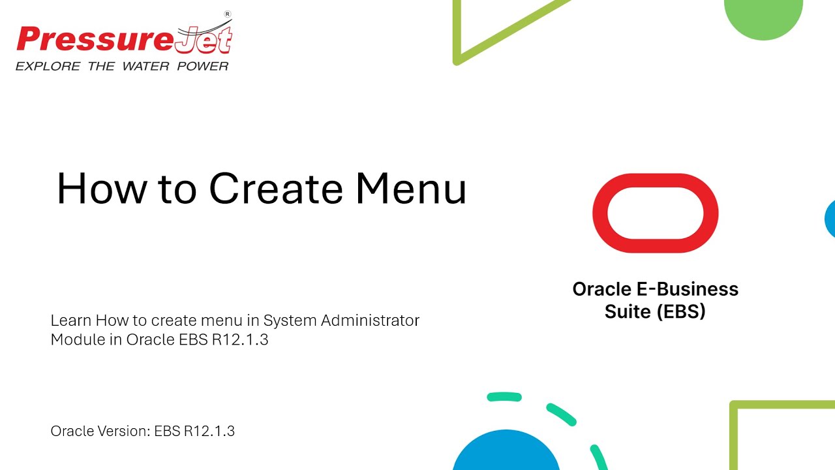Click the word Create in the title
[x=275, y=189]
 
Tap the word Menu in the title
[x=411, y=189]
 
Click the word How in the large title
[x=101, y=189]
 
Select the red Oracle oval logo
[x=655, y=213]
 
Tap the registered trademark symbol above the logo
[x=227, y=14]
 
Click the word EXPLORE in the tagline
[x=48, y=66]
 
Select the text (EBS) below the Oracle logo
[x=681, y=311]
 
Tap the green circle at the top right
[x=763, y=16]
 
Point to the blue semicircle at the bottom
[x=506, y=454]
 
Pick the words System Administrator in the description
[x=341, y=321]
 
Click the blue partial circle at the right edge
[x=830, y=219]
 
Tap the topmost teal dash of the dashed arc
[x=504, y=396]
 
